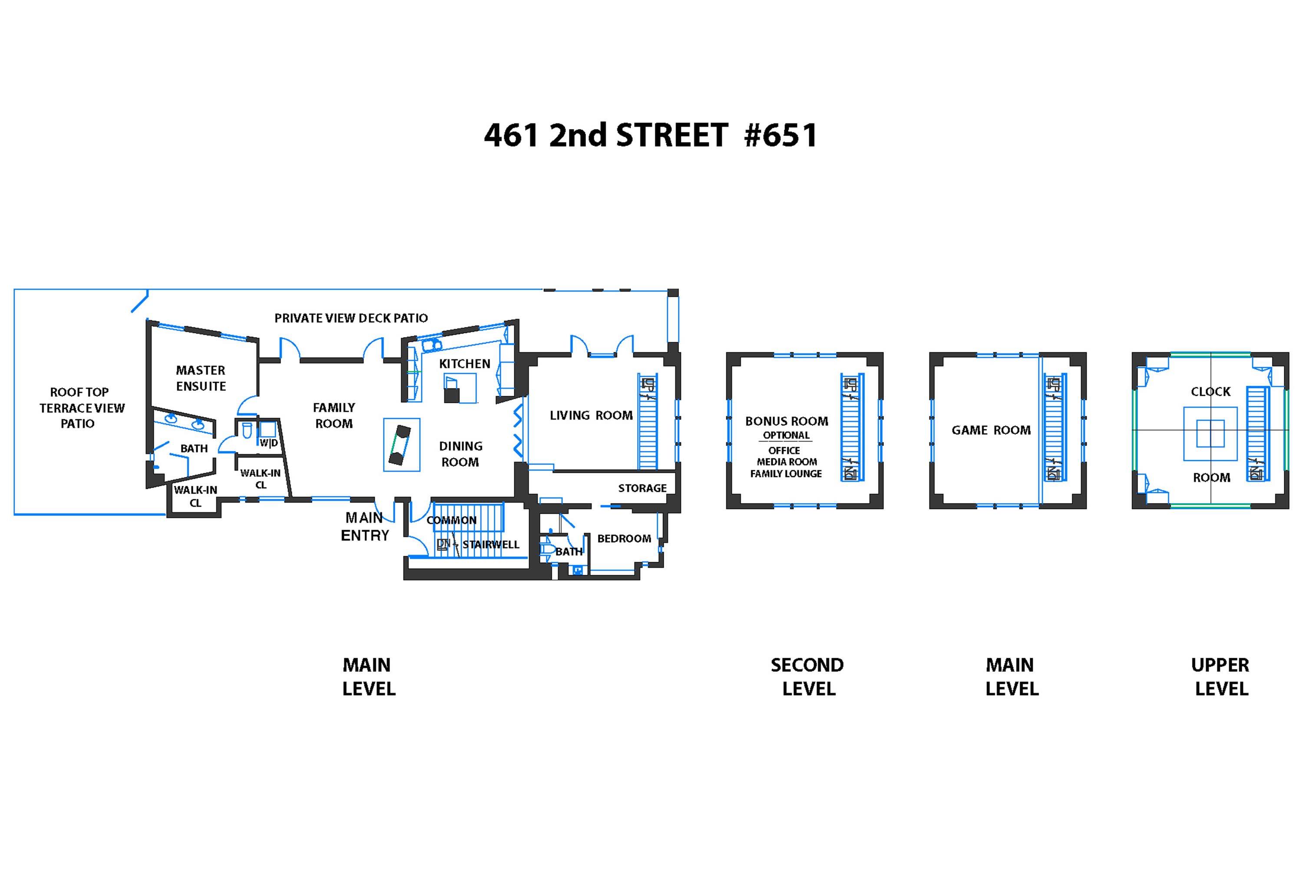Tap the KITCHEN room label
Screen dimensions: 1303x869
(465, 364)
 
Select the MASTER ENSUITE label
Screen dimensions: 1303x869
(201, 378)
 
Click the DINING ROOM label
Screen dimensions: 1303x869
(460, 454)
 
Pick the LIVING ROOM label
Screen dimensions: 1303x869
(591, 415)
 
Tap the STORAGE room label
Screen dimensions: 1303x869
(643, 488)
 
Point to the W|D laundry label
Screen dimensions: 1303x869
(269, 443)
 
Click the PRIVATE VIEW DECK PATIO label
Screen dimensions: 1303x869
(351, 318)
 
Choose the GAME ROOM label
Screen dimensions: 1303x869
(991, 430)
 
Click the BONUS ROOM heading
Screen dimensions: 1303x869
(787, 421)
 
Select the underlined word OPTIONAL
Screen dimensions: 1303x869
(786, 436)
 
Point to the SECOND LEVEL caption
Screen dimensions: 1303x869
(808, 677)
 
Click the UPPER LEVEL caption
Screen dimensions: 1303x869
(1220, 677)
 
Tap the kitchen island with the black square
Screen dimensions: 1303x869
(460, 388)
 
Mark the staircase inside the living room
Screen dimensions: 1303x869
(648, 421)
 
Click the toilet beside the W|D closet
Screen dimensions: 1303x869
(247, 431)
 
